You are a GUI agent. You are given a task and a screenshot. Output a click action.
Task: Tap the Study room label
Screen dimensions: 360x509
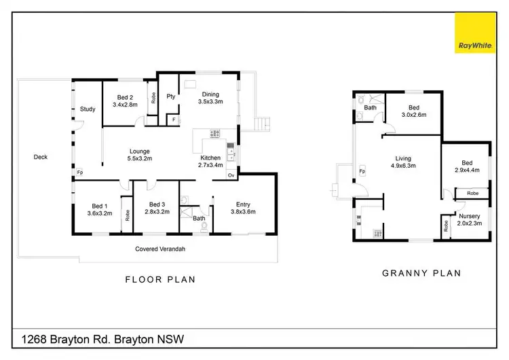click(87, 109)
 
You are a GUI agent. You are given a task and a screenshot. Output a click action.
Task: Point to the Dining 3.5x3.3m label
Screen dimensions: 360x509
click(210, 98)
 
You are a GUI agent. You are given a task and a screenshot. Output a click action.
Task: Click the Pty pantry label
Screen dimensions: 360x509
click(171, 96)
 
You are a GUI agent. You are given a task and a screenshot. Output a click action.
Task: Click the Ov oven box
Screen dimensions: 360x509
click(231, 176)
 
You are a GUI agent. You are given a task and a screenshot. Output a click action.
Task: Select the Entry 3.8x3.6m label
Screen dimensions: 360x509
click(243, 208)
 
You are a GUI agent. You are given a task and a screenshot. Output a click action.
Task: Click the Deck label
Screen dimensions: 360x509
click(41, 157)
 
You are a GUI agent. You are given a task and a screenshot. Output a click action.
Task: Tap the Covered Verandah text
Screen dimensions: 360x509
click(160, 249)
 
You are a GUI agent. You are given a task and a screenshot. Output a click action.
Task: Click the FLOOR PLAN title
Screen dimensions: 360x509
click(160, 278)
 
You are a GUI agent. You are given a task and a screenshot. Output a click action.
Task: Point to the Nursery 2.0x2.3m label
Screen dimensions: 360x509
click(469, 219)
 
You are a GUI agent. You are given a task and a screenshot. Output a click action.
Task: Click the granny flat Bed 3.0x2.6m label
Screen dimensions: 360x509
click(413, 111)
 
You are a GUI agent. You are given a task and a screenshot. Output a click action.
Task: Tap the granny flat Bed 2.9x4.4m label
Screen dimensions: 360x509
click(466, 167)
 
